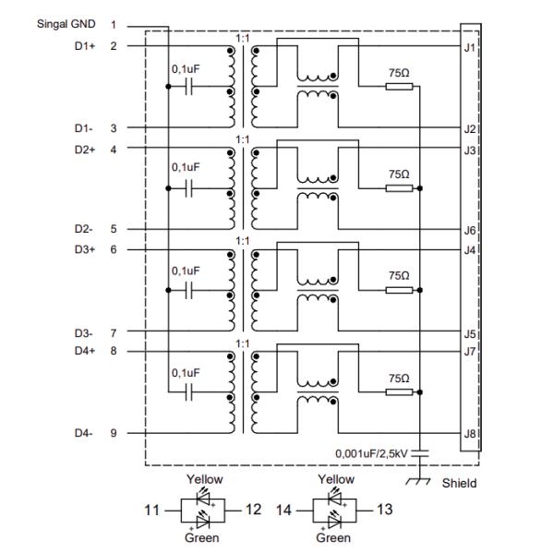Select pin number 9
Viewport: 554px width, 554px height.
tap(114, 433)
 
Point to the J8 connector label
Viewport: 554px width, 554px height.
tap(470, 432)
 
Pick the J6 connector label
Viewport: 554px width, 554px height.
tap(470, 230)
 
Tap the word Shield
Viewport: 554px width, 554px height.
tap(460, 483)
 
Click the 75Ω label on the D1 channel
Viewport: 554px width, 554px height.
tap(398, 71)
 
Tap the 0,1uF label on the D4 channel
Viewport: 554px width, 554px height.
tap(185, 372)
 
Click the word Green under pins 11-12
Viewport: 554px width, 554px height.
tap(203, 537)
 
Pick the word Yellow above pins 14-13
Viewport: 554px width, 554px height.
tap(334, 479)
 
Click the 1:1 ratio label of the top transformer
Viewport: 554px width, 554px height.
tap(242, 38)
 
